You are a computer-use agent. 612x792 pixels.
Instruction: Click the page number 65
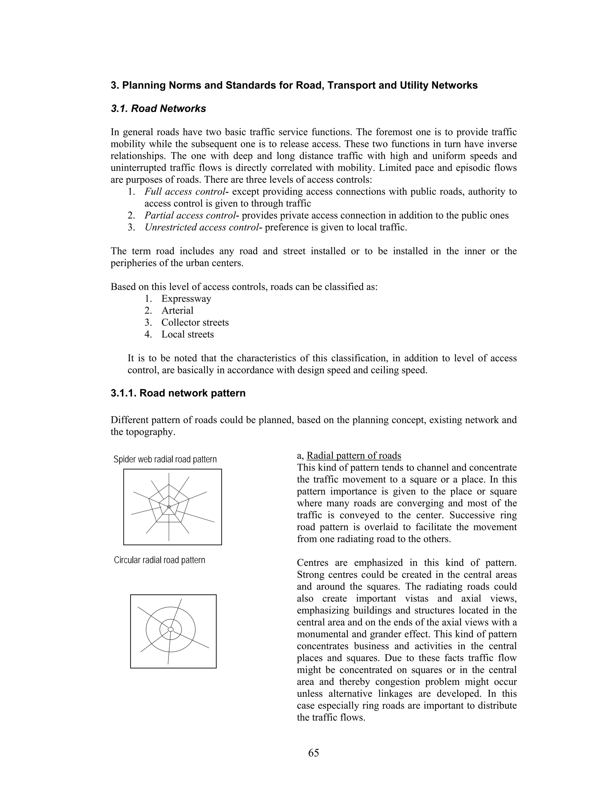coord(313,753)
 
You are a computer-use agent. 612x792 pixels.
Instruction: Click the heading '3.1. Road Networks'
coord(158,109)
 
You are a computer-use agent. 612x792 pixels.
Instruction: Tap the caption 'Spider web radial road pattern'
coord(165,459)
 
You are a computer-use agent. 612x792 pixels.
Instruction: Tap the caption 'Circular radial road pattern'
coord(160,560)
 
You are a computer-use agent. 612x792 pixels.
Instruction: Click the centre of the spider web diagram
coord(169,507)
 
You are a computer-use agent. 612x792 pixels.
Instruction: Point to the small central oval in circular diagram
coord(171,629)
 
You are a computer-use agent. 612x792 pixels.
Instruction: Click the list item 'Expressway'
coord(186,299)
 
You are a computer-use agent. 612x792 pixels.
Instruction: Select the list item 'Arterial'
coord(177,311)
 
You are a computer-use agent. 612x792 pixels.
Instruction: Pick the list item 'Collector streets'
coord(195,323)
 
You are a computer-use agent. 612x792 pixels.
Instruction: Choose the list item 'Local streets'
coord(187,334)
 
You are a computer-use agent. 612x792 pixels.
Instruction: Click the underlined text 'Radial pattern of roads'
coord(354,455)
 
